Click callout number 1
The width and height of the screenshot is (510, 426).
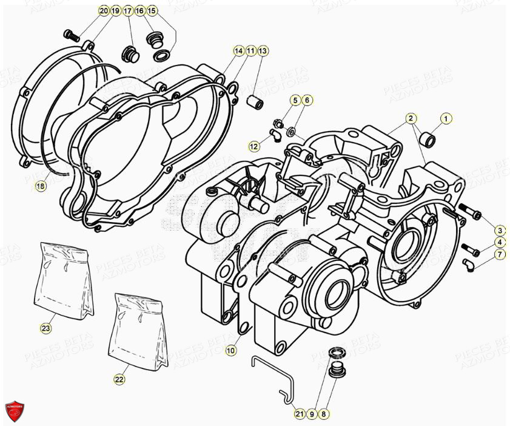[446, 119]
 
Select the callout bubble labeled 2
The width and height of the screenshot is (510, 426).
[411, 118]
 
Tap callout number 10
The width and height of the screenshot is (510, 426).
[230, 350]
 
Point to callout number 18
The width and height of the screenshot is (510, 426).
[40, 186]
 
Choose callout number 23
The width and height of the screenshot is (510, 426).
[46, 328]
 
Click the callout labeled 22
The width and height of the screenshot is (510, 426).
[119, 379]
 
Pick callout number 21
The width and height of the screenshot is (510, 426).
[300, 414]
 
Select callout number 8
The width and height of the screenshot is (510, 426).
[324, 414]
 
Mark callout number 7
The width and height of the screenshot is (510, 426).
[500, 254]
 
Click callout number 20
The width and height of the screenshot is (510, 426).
[103, 11]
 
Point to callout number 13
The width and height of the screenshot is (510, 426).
[262, 51]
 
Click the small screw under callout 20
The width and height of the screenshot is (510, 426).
[72, 36]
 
